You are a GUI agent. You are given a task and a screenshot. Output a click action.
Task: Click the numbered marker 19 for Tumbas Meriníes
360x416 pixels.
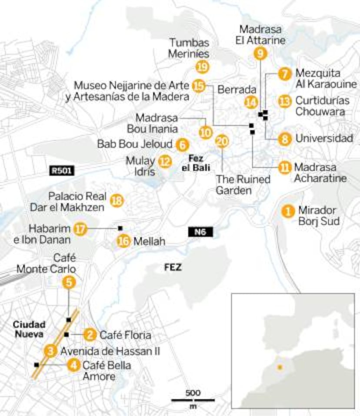pos(202,67)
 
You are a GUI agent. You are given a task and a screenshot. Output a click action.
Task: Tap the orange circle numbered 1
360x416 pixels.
pos(287,211)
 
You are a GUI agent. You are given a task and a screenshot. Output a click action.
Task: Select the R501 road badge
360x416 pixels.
pos(62,170)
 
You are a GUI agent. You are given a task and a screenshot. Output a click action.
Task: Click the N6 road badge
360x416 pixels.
pos(200,232)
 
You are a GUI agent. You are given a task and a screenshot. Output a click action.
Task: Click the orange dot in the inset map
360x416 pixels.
pos(280,367)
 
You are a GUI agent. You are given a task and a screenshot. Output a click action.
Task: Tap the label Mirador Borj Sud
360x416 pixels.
pos(318,216)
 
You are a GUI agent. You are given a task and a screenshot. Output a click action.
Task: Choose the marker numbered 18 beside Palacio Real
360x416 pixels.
pos(117,200)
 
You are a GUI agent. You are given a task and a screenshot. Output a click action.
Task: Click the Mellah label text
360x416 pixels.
pos(149,241)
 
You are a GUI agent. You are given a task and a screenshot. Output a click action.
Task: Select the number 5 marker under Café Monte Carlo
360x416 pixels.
pos(69,282)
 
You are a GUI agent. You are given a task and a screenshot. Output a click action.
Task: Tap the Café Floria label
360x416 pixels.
pos(125,335)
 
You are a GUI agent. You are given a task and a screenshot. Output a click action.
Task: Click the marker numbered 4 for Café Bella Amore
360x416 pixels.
pos(74,365)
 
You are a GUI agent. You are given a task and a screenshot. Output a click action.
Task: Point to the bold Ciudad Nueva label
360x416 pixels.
pos(28,329)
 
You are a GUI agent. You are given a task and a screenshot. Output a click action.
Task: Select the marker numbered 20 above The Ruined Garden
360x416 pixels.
pos(222,141)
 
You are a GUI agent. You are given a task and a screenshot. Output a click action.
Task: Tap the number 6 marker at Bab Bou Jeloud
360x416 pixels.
pos(182,144)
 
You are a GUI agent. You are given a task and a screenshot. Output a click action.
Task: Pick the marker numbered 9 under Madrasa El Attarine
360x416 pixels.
pos(260,53)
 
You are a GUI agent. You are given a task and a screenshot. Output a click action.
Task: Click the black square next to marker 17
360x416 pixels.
pos(120,228)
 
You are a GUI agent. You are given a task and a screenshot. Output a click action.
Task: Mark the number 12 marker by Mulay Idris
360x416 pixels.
pos(164,161)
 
